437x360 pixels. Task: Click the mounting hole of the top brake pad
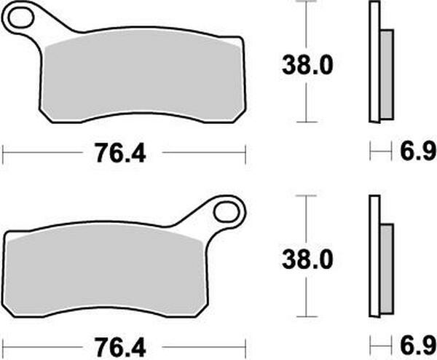20,18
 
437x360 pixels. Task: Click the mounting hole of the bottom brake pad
228,212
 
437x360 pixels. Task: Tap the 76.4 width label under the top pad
120,153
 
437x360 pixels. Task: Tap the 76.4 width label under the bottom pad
120,345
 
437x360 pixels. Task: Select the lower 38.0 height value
307,259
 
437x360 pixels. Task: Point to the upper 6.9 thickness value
417,152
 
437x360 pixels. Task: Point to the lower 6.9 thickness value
417,345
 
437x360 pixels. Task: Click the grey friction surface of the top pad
142,77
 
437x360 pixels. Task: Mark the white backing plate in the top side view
374,62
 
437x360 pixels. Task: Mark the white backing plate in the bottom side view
374,255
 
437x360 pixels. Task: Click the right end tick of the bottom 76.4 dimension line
245,345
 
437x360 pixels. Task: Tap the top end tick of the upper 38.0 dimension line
307,3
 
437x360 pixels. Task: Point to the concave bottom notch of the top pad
142,114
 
